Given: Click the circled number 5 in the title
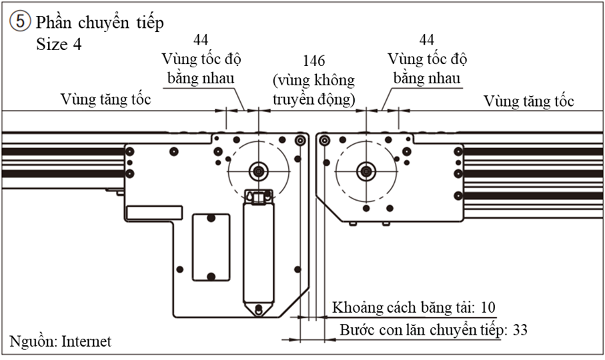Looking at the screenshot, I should [19, 22].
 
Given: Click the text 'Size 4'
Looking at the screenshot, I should [61, 45].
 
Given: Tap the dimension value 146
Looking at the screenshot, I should [314, 61].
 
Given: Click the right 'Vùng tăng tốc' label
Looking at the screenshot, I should [529, 101].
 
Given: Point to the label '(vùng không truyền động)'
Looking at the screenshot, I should [314, 89].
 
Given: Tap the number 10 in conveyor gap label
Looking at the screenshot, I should [488, 307].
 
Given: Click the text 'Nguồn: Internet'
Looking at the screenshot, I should [61, 341].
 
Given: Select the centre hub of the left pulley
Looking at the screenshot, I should [257, 171].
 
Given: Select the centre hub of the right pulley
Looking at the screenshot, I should [364, 171].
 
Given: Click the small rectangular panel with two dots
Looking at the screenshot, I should [211, 247].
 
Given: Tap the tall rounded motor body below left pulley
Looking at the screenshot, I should [258, 253].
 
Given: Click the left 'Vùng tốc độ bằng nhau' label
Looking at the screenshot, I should [201, 69].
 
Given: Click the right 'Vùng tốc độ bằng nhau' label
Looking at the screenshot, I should [427, 69].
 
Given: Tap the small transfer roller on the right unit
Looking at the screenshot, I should [324, 141].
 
